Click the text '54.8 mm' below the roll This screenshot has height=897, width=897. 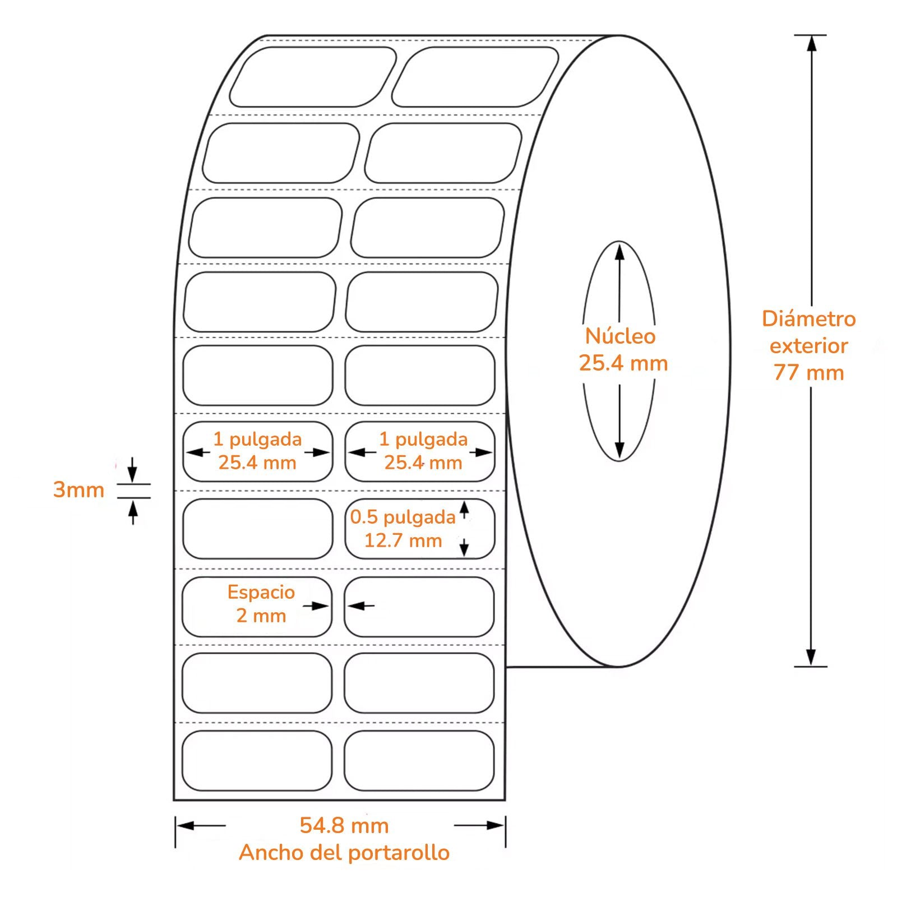[344, 825]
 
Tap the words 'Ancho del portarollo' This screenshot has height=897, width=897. [344, 853]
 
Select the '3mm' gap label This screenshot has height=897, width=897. [78, 489]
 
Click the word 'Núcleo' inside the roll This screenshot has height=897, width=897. [620, 336]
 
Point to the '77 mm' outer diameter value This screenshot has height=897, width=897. [808, 372]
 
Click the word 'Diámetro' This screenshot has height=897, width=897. [808, 318]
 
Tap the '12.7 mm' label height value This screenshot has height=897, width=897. [403, 540]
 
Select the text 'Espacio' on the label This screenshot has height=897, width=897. [261, 592]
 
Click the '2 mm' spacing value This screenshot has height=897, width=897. [261, 616]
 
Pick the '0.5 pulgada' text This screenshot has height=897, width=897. [403, 517]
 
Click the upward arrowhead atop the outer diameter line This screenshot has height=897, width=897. [811, 43]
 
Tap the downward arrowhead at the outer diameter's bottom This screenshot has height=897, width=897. [811, 658]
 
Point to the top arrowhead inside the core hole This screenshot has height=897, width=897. [619, 252]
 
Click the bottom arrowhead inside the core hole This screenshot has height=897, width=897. [619, 450]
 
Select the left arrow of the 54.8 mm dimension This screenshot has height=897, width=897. [201, 825]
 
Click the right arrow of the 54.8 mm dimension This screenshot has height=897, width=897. [479, 825]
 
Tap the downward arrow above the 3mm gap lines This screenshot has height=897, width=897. [132, 470]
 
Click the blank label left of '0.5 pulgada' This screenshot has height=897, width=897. [258, 529]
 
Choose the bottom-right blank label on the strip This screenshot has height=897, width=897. [419, 761]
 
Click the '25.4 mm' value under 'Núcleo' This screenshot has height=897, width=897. [623, 363]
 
